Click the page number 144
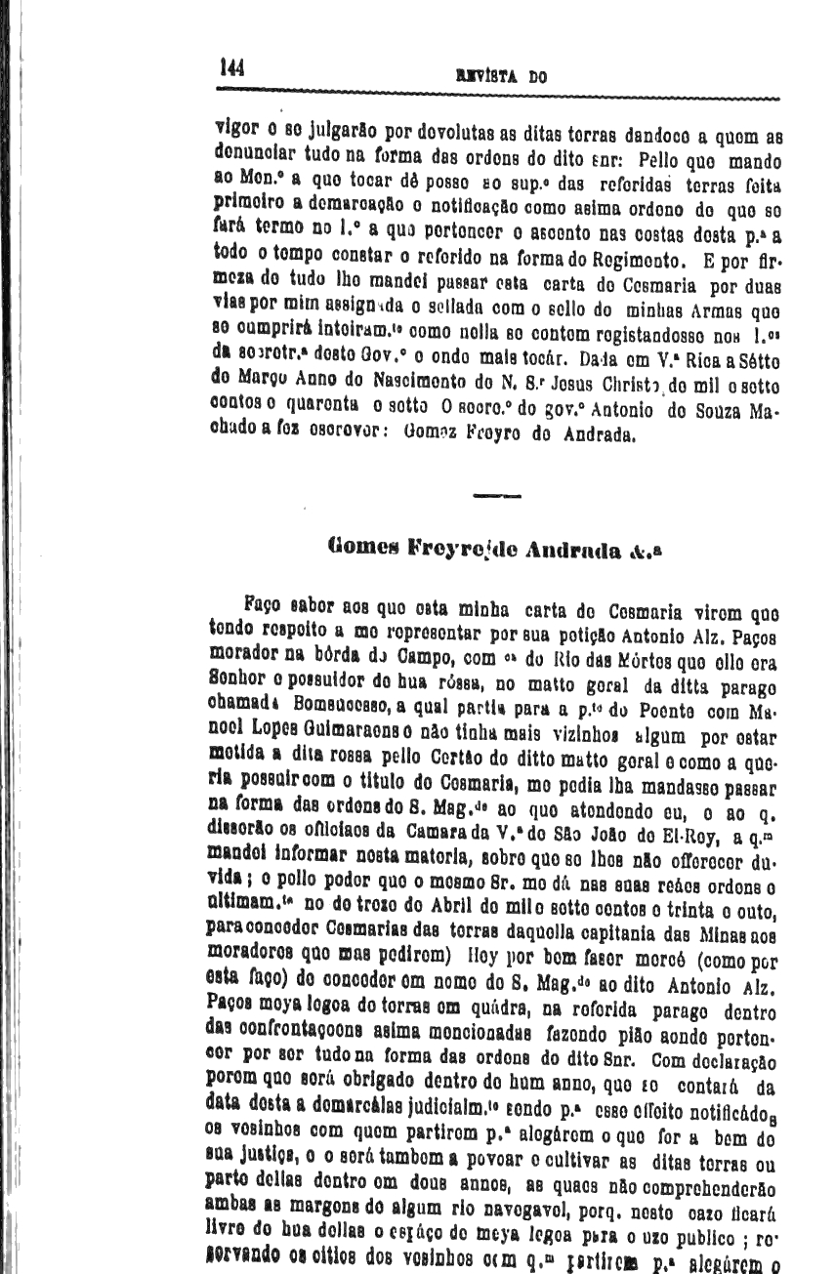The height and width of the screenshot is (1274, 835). click(x=232, y=67)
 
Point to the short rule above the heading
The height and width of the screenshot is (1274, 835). click(x=496, y=497)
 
